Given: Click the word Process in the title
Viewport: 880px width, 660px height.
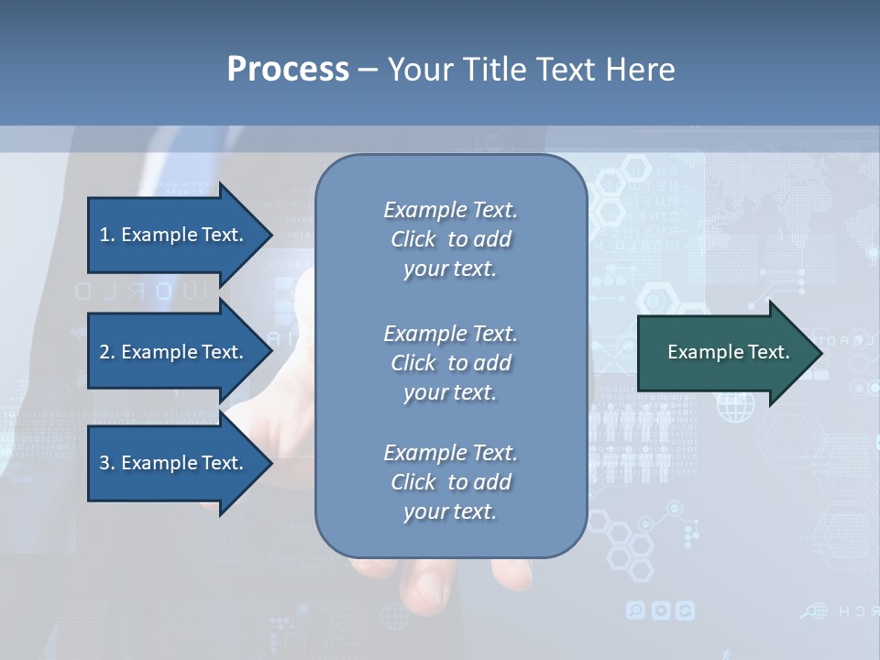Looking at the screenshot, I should point(288,70).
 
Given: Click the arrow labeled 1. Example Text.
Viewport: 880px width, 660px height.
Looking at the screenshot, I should point(174,235).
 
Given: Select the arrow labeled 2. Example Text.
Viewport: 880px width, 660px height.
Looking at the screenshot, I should point(174,352).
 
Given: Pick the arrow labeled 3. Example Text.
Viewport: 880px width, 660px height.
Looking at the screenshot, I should point(174,463).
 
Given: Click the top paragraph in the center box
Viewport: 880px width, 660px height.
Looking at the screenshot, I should point(450,239).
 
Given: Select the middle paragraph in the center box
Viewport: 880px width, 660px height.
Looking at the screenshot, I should point(450,362).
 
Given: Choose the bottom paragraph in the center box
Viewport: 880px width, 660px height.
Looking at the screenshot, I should point(450,482).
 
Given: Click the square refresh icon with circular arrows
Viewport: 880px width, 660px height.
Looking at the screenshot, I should point(685,610).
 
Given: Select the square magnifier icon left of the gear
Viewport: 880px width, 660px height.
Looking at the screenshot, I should point(636,610).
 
